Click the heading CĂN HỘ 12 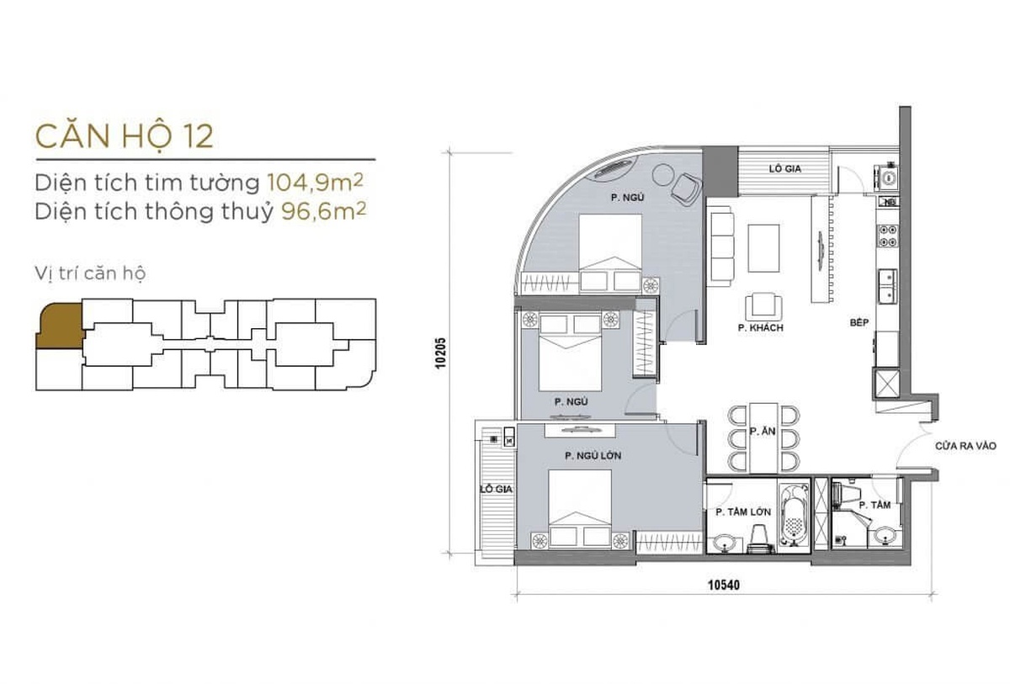[125, 135]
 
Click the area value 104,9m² [316, 183]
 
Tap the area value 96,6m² [324, 211]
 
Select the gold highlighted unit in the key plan [61, 326]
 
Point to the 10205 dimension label [440, 353]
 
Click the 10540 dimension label [724, 586]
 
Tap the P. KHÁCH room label [761, 328]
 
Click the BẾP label [859, 322]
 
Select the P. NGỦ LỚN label [593, 456]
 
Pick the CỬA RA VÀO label [965, 446]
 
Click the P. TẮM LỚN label [743, 512]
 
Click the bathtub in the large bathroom [794, 516]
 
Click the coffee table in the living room [764, 248]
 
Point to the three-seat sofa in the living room [720, 246]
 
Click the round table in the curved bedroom [663, 174]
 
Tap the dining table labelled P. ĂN [763, 438]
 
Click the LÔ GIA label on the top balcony [785, 169]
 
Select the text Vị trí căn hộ [90, 273]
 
